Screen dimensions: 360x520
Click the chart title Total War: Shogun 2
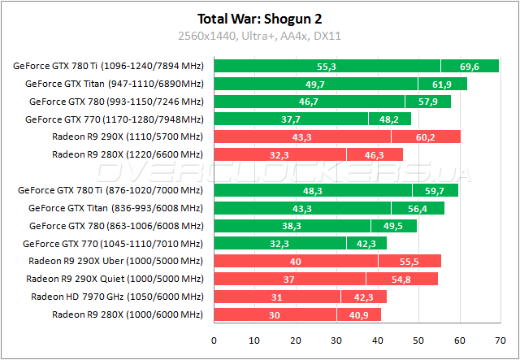[x=259, y=18]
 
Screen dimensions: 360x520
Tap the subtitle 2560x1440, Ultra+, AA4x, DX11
[x=259, y=35]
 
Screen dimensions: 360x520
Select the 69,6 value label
[x=470, y=66]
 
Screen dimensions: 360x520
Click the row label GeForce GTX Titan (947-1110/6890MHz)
[x=115, y=83]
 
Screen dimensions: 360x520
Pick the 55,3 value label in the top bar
[x=327, y=66]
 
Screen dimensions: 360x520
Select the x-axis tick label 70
[x=500, y=340]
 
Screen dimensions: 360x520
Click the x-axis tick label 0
[x=214, y=340]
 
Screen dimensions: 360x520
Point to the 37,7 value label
[x=291, y=119]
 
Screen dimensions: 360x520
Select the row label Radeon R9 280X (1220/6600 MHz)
[x=127, y=154]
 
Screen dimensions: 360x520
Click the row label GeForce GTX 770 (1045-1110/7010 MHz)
[x=113, y=243]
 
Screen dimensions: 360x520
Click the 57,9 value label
[x=428, y=101]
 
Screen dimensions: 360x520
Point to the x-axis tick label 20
[x=296, y=340]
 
